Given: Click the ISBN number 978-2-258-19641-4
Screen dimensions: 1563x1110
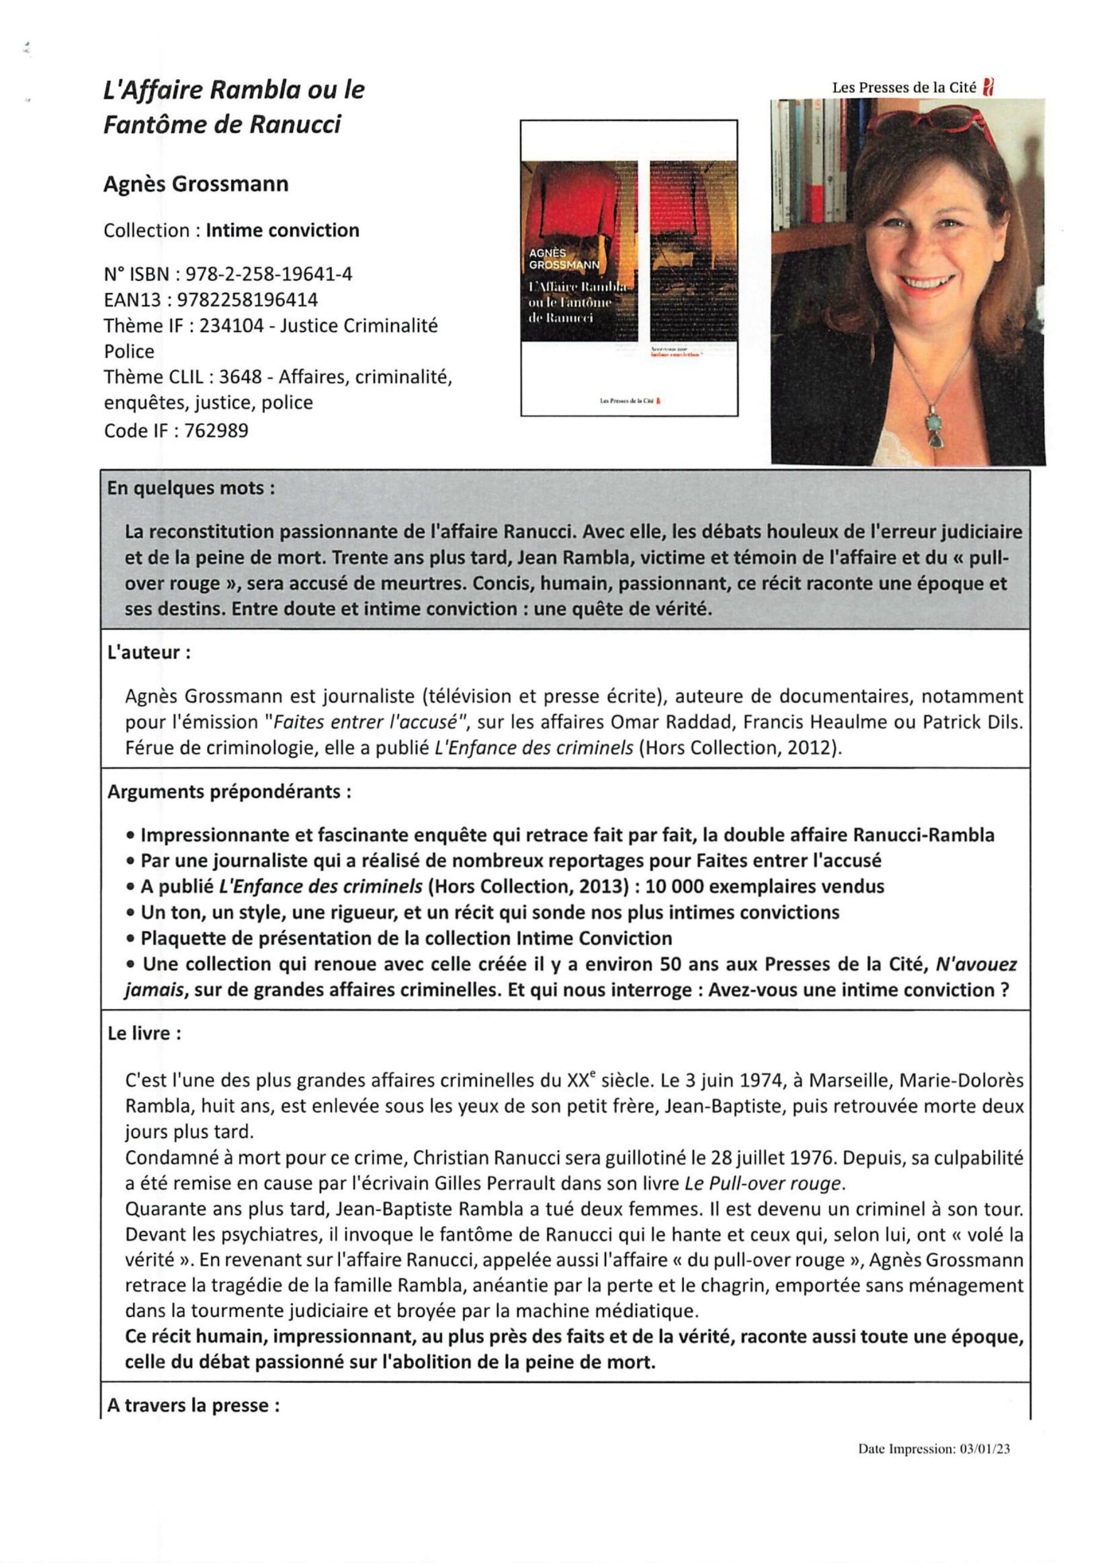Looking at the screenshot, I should click(x=269, y=274).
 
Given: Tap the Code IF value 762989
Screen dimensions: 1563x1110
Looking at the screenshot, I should click(x=217, y=431).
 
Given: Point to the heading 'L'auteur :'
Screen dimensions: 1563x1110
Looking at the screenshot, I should click(x=149, y=652).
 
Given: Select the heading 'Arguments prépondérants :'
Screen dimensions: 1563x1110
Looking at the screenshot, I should click(x=229, y=792).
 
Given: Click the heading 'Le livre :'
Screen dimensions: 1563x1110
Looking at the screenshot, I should click(x=144, y=1033).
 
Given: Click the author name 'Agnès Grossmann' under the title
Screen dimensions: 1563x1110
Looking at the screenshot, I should click(x=196, y=184).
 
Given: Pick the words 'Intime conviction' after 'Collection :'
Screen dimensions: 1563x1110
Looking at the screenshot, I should click(x=283, y=230).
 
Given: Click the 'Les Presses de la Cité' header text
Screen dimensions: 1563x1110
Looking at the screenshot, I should click(x=904, y=87).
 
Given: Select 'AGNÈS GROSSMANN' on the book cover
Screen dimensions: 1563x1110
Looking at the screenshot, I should click(x=564, y=258).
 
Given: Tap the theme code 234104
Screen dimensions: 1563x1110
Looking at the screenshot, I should click(x=231, y=325).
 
